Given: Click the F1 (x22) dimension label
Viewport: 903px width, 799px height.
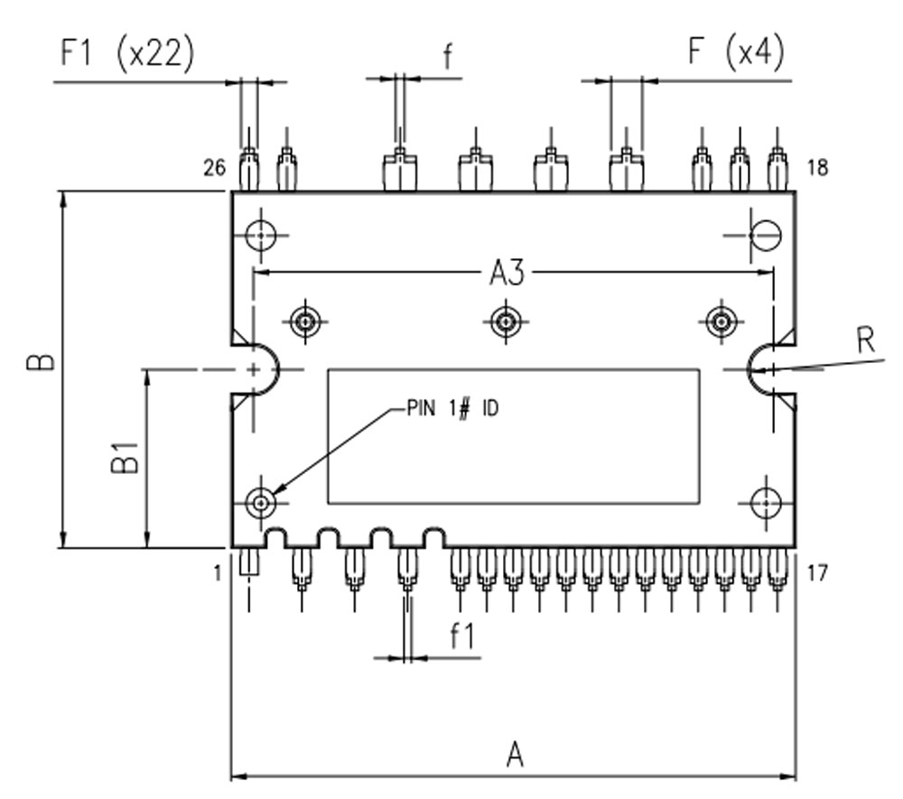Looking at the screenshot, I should coord(126,54).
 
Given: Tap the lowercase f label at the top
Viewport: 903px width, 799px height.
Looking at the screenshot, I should coord(448,56).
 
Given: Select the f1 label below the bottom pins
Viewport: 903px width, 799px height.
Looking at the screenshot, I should coord(462,636).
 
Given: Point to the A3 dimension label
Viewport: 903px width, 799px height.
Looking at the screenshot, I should coord(507,272).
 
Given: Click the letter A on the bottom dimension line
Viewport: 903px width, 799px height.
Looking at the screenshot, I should coord(515,754).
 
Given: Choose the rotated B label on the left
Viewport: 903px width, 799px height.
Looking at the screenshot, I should coord(42,363).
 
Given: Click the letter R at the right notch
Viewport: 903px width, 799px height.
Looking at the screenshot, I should coord(865,340).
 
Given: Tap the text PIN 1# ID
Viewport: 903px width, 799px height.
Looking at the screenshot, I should coord(452,409).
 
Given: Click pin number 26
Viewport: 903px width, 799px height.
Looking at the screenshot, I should coord(214,168).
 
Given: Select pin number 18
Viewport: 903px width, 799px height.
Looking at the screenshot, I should coord(817,168).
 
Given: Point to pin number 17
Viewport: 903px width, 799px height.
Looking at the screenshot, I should coord(816,572).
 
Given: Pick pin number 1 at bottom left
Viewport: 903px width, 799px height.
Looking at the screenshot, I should coord(218,572).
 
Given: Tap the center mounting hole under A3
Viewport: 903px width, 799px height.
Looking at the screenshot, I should coord(504,320).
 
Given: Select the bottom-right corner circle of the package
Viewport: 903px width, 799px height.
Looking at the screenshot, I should coord(766,501).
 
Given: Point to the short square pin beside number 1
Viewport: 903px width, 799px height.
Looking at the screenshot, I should coord(248,565).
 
